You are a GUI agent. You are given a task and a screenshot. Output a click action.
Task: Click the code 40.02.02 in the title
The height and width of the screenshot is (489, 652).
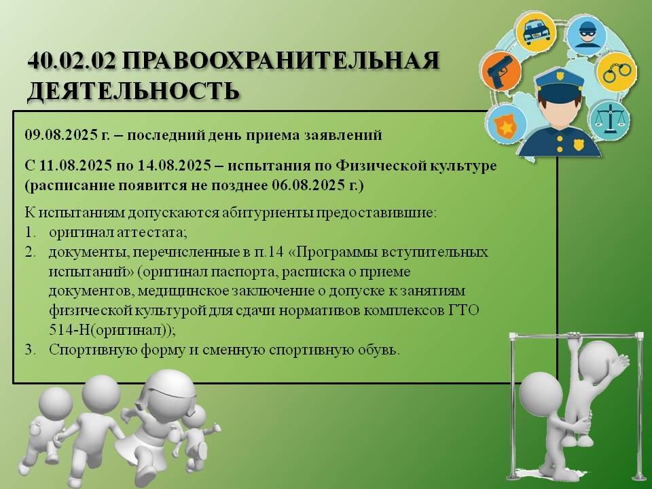pos(71,60)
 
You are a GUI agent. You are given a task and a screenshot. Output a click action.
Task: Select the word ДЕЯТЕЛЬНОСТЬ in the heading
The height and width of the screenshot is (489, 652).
pos(133,90)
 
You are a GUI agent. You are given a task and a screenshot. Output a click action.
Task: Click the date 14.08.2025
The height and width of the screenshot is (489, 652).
pos(174,166)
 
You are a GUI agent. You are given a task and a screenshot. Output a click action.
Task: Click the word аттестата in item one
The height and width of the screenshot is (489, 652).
pos(151,232)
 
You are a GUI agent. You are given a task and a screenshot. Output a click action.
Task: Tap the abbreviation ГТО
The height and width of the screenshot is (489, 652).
pos(464,310)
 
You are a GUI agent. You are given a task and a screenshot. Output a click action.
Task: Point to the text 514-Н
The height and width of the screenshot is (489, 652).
pos(69,330)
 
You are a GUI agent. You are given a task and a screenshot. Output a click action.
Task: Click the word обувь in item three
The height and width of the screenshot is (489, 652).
pos(377,350)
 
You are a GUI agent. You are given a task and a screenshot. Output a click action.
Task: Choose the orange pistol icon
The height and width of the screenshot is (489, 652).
pos(501,71)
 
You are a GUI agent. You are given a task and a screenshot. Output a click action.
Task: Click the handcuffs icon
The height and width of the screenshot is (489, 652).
pos(616,71)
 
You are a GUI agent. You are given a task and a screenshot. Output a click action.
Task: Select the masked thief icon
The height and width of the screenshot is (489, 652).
pos(586,34)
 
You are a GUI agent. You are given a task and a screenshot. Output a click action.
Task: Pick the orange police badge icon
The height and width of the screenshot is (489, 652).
pos(505,125)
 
